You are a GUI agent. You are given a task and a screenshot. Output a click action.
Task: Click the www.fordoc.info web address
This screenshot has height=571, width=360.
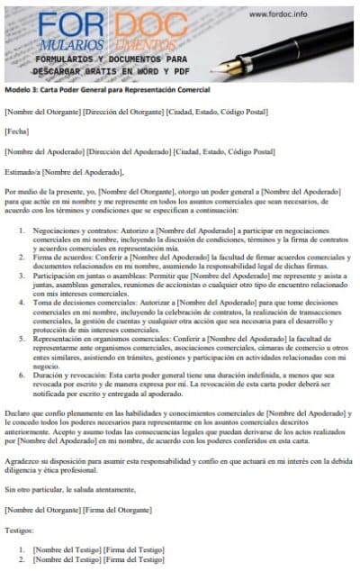278,14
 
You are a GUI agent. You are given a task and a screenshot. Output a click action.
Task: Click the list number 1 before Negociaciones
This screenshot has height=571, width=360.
22,231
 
